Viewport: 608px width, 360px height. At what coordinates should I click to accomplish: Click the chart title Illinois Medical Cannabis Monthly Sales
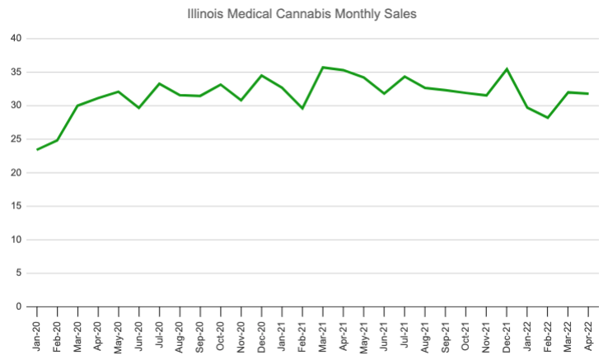pos(304,14)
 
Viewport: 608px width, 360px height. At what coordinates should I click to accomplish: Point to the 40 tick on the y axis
pos(16,39)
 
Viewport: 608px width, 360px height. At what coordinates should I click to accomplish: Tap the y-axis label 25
pos(16,139)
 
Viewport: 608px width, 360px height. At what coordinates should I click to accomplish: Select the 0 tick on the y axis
pos(19,306)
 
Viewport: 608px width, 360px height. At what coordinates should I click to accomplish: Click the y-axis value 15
pos(16,206)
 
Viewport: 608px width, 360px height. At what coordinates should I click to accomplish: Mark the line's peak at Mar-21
pos(322,68)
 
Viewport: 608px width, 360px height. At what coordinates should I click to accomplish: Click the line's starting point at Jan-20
pos(37,149)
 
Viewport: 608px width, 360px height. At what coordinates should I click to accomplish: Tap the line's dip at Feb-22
pos(546,118)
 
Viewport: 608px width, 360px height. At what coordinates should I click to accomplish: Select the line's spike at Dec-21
pos(506,69)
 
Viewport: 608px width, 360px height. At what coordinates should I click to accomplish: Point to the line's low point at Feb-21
pos(302,108)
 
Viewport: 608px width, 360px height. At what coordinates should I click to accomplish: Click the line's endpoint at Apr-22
pos(587,94)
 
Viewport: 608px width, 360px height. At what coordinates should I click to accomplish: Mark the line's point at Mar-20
pos(77,105)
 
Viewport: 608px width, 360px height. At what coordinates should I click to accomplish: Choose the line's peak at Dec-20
pos(261,76)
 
